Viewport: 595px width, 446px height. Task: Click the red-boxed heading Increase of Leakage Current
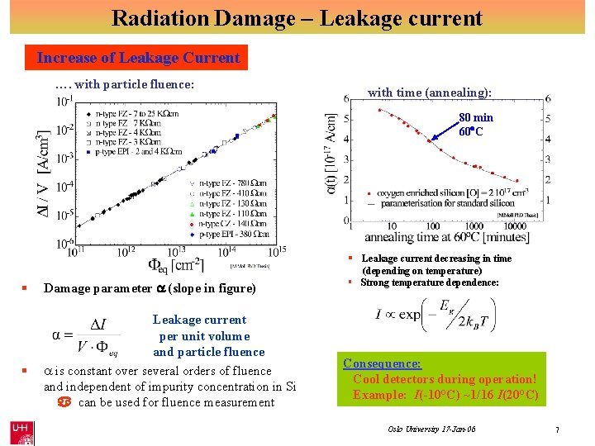pyautogui.click(x=138, y=58)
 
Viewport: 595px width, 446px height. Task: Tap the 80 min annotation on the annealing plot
pyautogui.click(x=476, y=118)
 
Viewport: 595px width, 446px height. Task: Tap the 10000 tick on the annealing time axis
pyautogui.click(x=516, y=226)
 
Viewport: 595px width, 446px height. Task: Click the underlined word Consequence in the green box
pyautogui.click(x=382, y=363)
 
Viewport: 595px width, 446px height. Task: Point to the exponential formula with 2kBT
pyautogui.click(x=432, y=315)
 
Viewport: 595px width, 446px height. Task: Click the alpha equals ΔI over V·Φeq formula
pyautogui.click(x=87, y=335)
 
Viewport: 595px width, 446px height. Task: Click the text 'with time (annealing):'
pyautogui.click(x=430, y=93)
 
